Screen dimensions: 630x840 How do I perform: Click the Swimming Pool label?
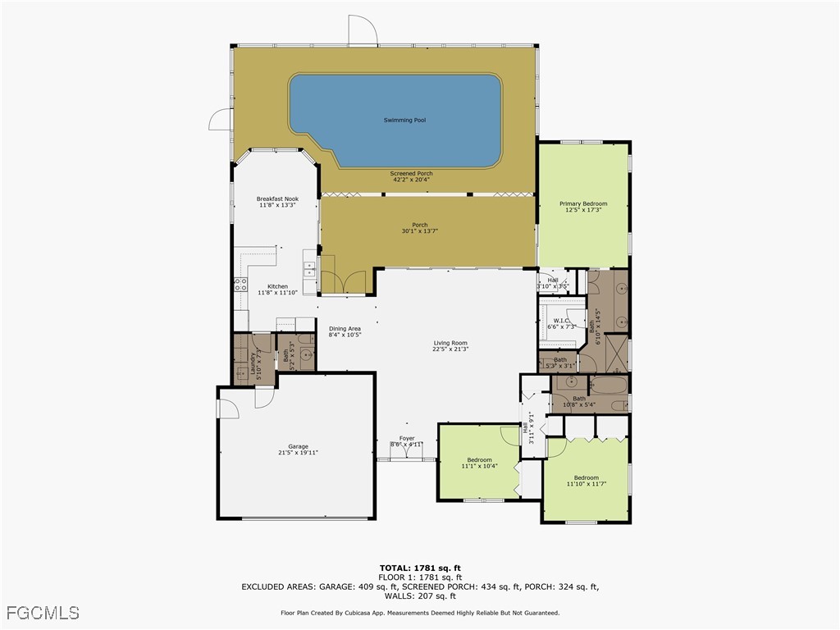[x=404, y=121]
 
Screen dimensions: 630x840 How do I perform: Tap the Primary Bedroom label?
[x=583, y=203]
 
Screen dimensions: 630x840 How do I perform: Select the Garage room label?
[x=298, y=446]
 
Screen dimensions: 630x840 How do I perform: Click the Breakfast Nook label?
[x=277, y=199]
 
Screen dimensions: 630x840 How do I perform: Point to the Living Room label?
[x=450, y=343]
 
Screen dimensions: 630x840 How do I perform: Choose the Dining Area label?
[x=345, y=328]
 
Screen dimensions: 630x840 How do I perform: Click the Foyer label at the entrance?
[x=407, y=438]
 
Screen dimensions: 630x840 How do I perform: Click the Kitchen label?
[x=277, y=286]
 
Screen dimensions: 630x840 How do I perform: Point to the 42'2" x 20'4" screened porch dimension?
[x=411, y=180]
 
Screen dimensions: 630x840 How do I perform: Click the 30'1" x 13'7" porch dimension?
[x=419, y=231]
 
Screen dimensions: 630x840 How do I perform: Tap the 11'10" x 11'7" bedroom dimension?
[x=586, y=484]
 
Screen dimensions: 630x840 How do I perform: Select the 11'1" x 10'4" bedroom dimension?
[x=479, y=466]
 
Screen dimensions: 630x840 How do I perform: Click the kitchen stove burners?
[x=242, y=285]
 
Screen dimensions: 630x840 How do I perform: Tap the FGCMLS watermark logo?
[x=42, y=613]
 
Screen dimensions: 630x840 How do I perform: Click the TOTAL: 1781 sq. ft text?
[x=420, y=568]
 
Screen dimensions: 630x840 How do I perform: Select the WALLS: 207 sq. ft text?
[x=420, y=596]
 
